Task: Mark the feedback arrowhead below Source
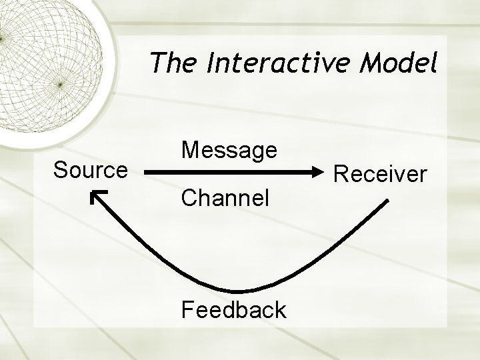tap(97, 196)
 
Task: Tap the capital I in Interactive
tap(211, 65)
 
